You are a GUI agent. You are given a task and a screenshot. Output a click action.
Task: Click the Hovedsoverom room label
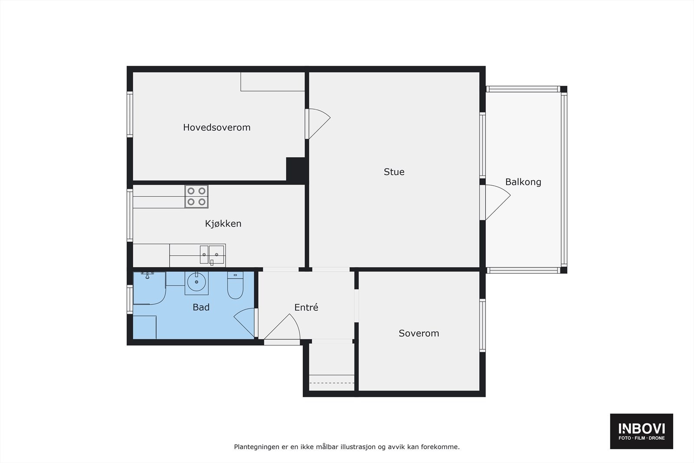tap(216, 128)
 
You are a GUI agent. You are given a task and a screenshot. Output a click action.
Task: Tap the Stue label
tap(394, 172)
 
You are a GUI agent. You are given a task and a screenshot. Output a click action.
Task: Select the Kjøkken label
tap(223, 223)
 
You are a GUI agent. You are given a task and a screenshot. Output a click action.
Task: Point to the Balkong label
tap(523, 182)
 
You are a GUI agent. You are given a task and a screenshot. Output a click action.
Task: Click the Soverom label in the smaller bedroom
tap(419, 333)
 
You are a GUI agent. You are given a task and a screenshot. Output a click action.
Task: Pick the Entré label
tap(306, 308)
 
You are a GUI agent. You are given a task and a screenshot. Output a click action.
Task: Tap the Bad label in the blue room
tap(201, 307)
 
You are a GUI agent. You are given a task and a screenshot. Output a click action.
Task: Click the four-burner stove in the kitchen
tap(196, 197)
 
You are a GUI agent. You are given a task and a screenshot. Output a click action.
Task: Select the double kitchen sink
tap(212, 254)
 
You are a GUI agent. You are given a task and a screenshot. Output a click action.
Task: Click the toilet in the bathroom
tap(236, 286)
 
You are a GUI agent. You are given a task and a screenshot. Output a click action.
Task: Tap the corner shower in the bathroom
tap(149, 287)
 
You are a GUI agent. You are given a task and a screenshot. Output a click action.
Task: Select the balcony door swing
tap(497, 202)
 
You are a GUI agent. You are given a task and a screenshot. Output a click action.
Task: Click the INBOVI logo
tap(641, 431)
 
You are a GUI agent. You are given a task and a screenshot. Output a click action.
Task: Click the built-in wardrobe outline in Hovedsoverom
tap(272, 81)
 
